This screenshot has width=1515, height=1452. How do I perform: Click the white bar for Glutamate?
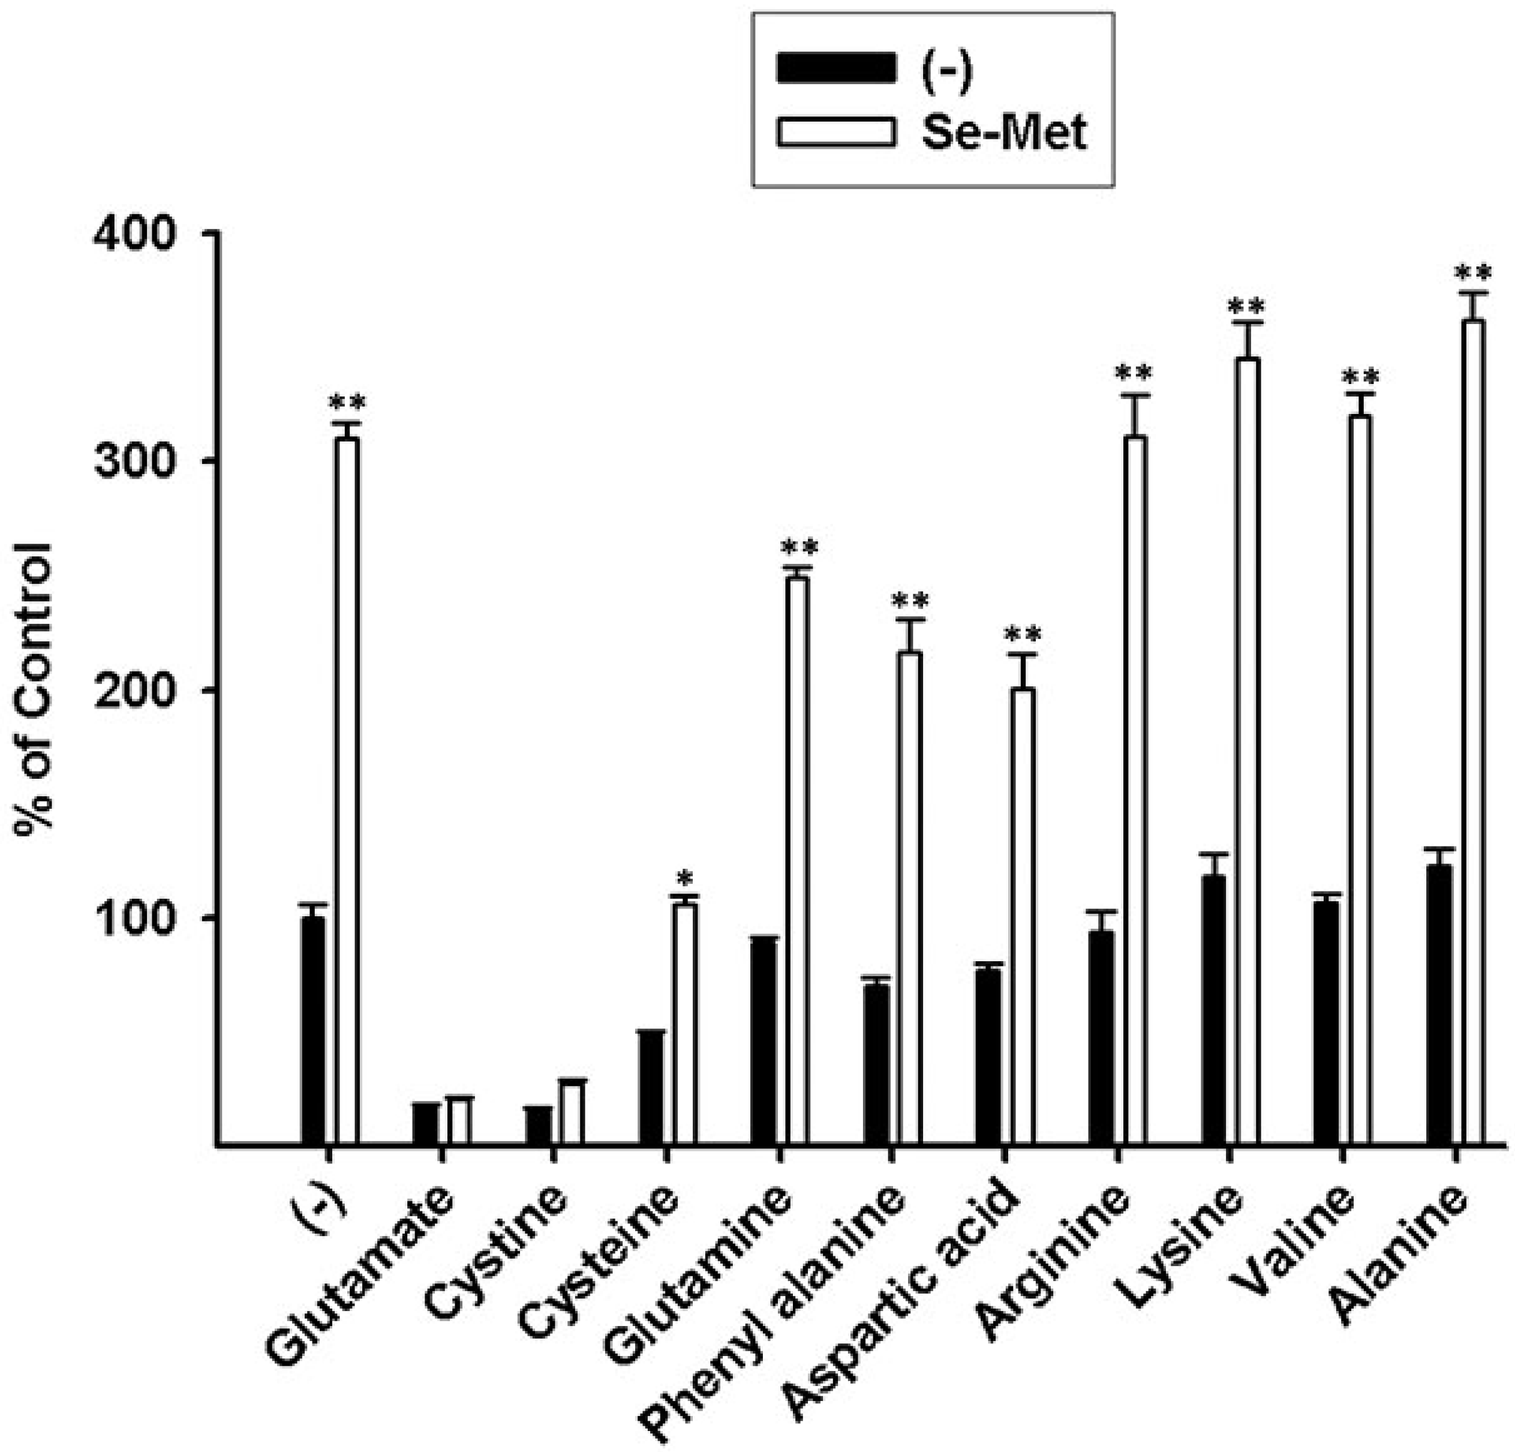460,1121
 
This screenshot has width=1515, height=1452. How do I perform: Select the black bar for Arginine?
1101,1037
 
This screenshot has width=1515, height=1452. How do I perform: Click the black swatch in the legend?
836,68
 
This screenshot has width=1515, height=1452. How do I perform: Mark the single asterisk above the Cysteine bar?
684,878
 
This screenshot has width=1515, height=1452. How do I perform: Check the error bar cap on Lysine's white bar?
1248,322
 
